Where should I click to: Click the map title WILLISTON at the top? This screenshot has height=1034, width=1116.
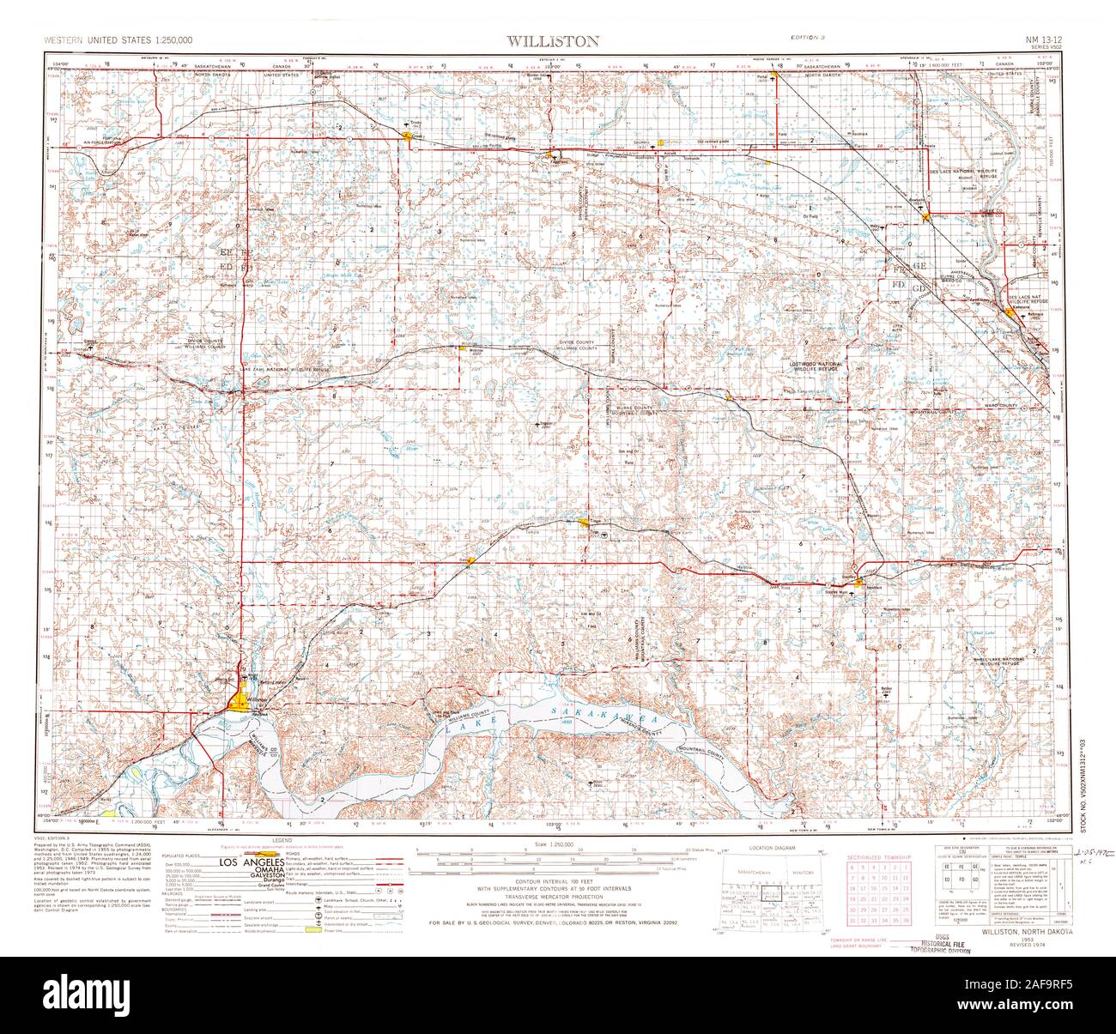click(552, 40)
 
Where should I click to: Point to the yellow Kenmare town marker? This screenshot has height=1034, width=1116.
click(1010, 313)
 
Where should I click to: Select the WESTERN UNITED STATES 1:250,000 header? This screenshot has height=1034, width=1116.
click(118, 40)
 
